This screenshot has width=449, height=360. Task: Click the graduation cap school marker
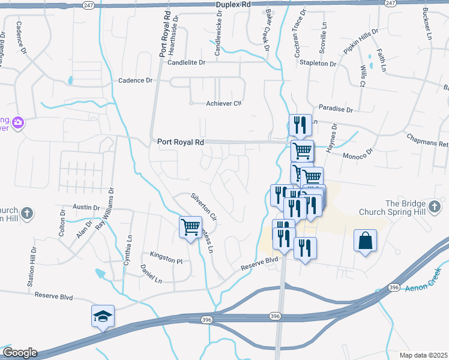[x=103, y=316]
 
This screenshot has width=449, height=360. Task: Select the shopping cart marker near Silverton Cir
[x=191, y=227]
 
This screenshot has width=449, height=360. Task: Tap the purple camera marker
[x=18, y=122]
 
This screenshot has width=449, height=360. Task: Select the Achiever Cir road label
[x=223, y=103]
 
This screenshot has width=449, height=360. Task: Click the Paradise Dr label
[x=336, y=109]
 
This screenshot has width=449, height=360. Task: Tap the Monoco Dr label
[x=358, y=157]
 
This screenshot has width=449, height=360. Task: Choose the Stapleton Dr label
[x=318, y=63]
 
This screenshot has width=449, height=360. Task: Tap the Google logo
[x=19, y=353]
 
